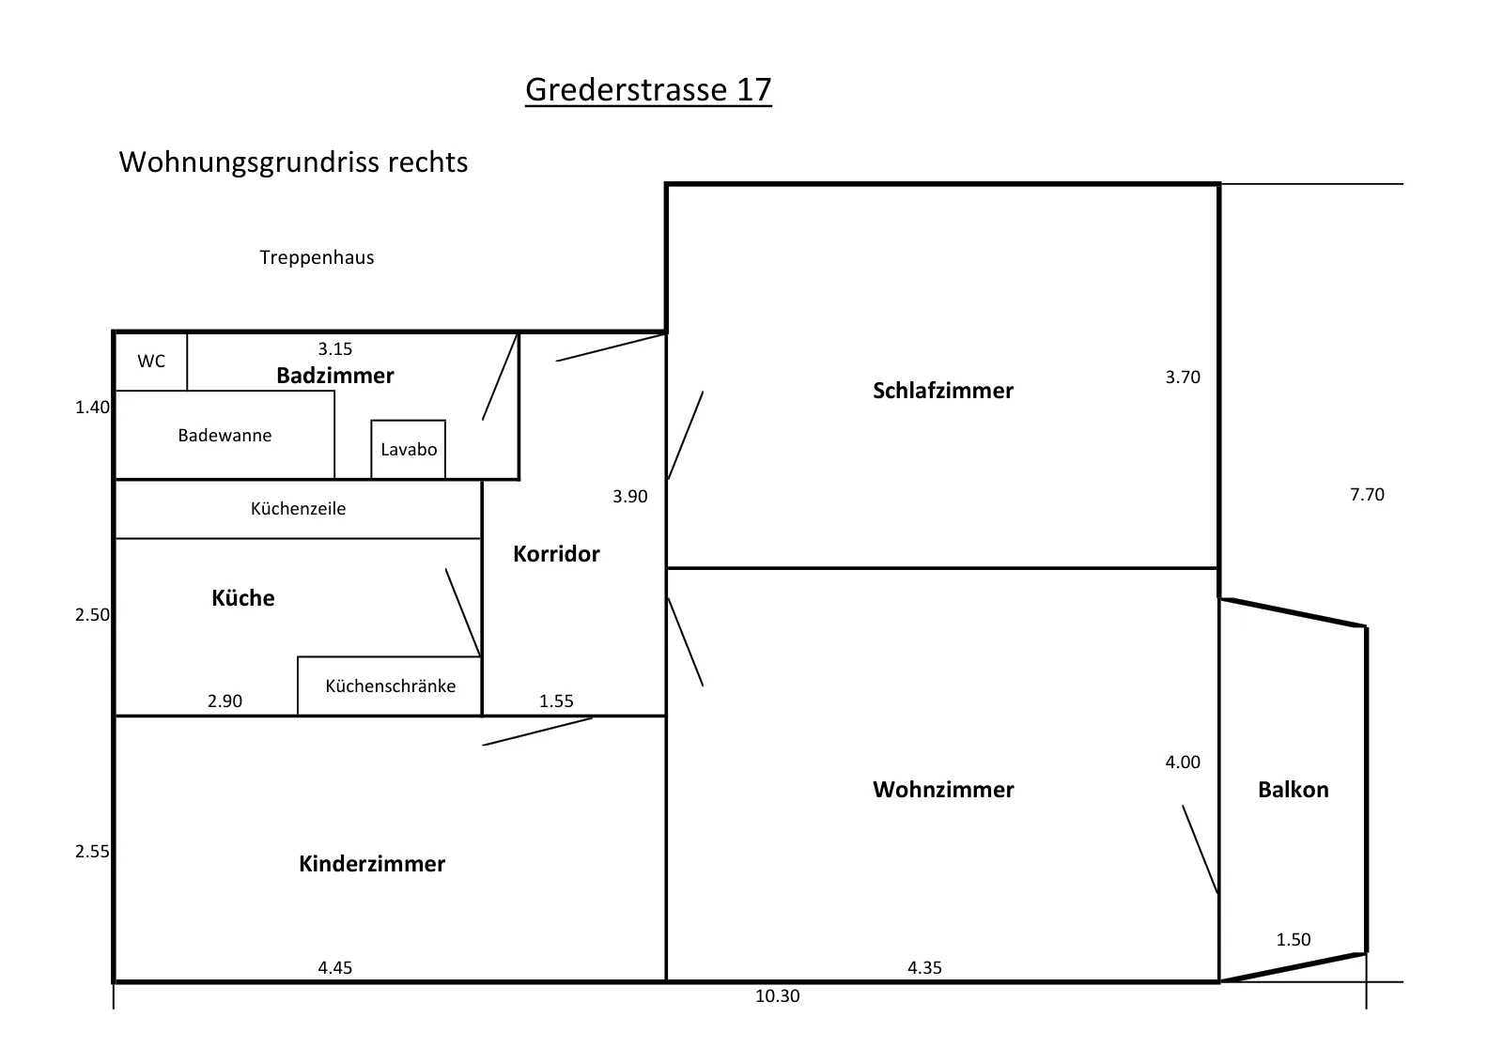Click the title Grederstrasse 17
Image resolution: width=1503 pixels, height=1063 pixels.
[x=648, y=90]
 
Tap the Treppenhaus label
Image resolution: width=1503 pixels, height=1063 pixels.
[x=317, y=257]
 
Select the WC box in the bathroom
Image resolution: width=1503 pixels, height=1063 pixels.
[x=151, y=361]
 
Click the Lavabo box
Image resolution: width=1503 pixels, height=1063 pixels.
[x=408, y=450]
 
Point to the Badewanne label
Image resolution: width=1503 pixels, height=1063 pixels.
[x=225, y=436]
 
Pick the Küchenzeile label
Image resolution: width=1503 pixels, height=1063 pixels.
[x=299, y=508]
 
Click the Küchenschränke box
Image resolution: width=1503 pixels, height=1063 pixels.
[x=390, y=686]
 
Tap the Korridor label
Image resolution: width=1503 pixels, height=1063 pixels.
[x=556, y=554]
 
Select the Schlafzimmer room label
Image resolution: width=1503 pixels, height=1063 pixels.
[x=943, y=391]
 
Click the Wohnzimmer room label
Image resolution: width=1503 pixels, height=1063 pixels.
[x=943, y=790]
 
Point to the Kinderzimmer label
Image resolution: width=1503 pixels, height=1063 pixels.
[x=372, y=864]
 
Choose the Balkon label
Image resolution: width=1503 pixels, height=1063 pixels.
[x=1293, y=790]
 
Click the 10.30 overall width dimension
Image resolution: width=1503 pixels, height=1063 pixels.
[x=778, y=996]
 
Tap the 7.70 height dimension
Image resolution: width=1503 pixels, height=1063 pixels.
[x=1367, y=494]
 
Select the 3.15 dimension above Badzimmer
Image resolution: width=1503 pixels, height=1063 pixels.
[x=334, y=348]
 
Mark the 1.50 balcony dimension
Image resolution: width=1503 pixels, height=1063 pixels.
[x=1293, y=940]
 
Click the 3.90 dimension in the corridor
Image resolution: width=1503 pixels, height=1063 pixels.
[x=630, y=497]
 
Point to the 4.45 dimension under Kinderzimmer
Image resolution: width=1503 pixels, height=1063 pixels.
[x=334, y=968]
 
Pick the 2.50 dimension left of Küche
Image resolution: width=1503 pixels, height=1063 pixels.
[x=92, y=615]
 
